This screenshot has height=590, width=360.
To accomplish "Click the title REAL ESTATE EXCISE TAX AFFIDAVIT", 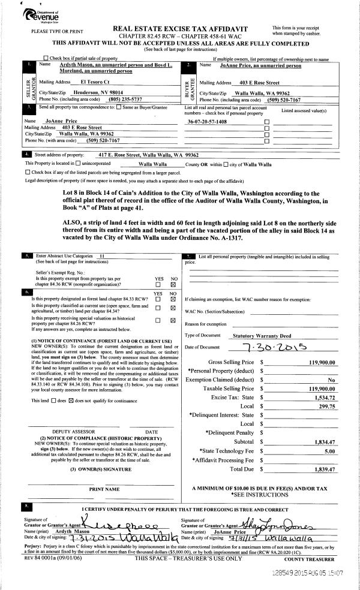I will coord(181,28).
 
